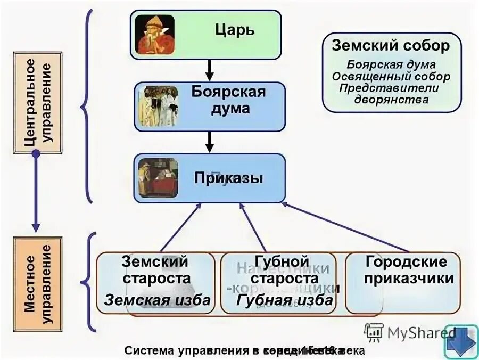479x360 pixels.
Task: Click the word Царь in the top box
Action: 235,29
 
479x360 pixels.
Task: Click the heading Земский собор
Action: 391,45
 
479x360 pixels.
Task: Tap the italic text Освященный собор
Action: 391,76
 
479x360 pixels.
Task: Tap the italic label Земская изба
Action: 157,300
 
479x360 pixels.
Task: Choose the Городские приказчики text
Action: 406,270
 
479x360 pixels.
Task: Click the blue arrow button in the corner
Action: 461,341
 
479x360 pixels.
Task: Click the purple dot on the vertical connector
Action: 36,154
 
